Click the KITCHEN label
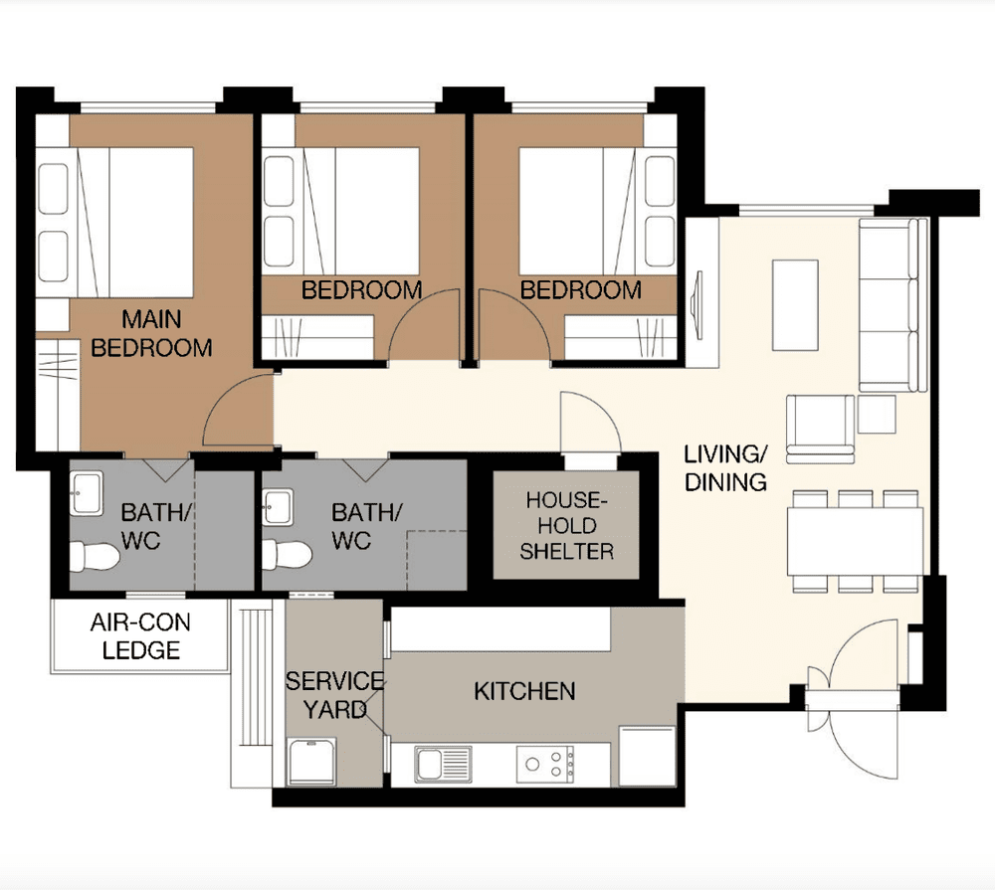coord(524,690)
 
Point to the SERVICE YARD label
coord(334,694)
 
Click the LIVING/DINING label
coord(725,468)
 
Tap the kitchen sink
coord(445,765)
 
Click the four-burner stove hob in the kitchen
coord(545,764)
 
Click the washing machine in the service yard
coord(311,762)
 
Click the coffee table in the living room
coord(795,304)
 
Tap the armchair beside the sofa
coord(820,429)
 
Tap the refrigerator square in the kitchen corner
coord(647,755)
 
